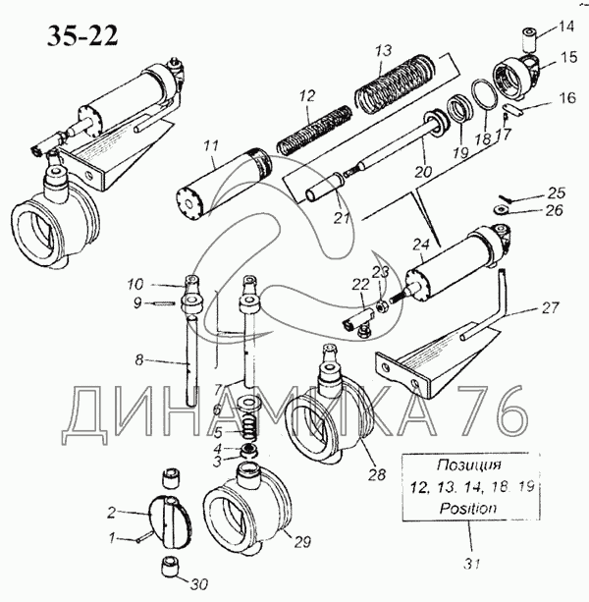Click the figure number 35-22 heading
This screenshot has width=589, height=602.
pos(81,36)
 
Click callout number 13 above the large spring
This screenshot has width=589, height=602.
pos(384,51)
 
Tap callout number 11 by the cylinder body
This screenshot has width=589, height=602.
pos(209,148)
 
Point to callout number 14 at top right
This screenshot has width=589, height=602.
pos(566,27)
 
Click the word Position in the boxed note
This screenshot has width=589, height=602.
pos(468,509)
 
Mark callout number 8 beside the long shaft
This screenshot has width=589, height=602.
pos(139,361)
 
